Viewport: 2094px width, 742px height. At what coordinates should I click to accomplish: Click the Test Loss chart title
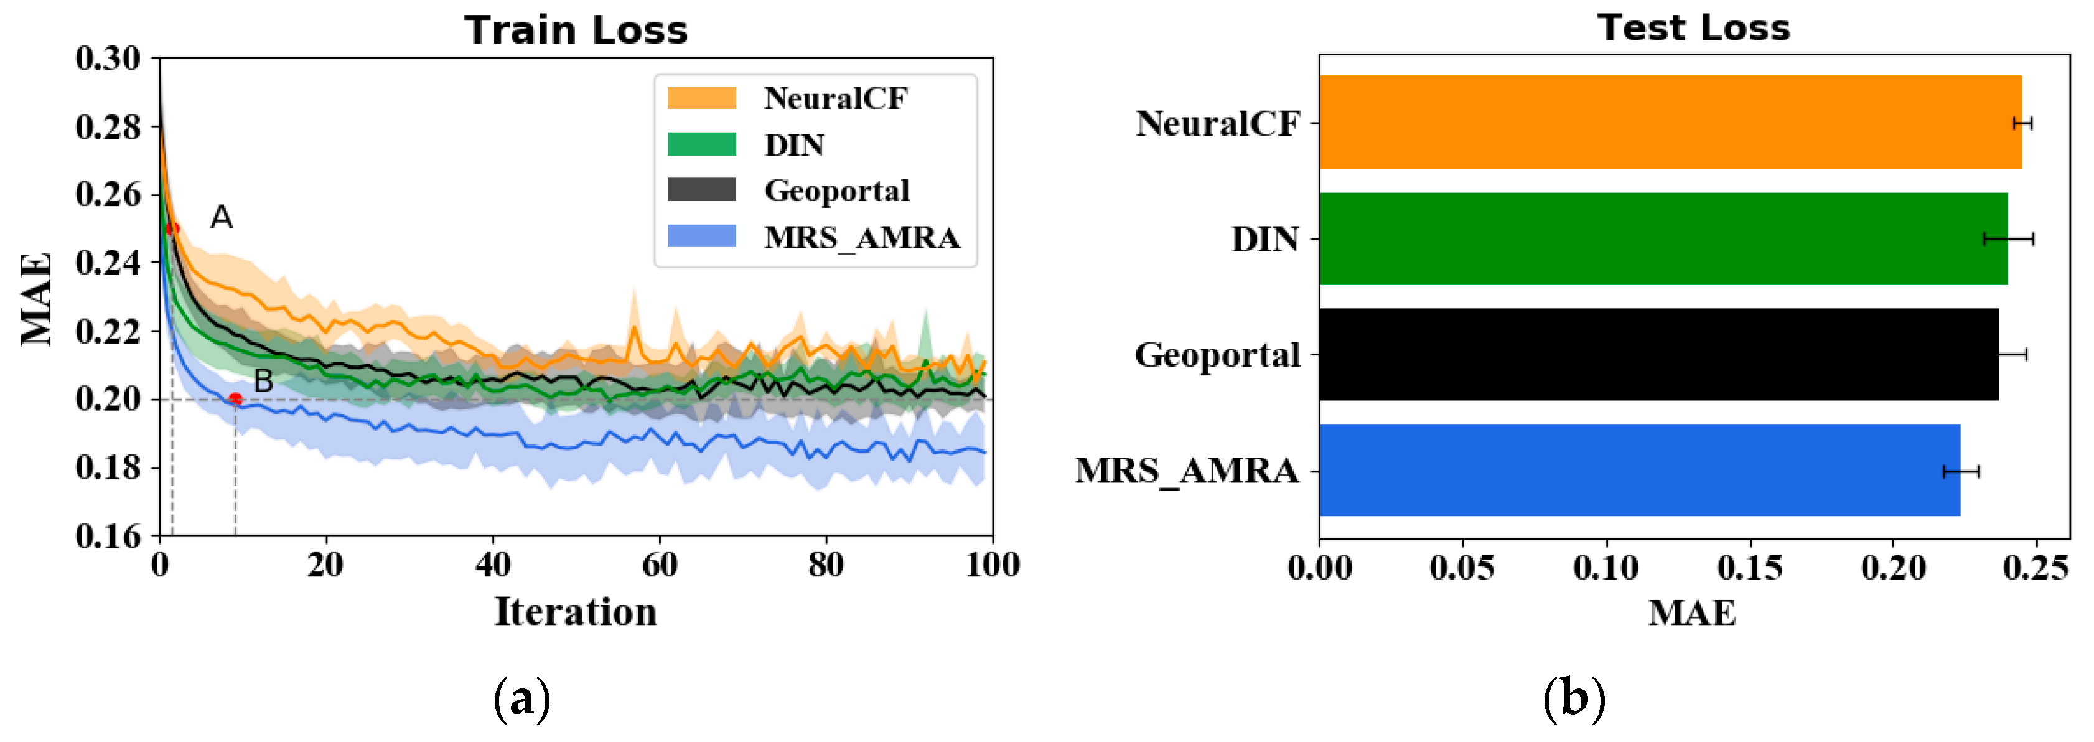pyautogui.click(x=1693, y=29)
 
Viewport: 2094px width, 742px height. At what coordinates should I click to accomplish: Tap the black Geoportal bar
pyautogui.click(x=1658, y=354)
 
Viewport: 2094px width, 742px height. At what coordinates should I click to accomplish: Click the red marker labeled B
pyautogui.click(x=235, y=399)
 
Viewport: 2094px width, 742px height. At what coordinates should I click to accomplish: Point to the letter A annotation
pyautogui.click(x=221, y=217)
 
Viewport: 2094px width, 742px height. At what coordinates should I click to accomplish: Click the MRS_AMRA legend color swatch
pyautogui.click(x=701, y=237)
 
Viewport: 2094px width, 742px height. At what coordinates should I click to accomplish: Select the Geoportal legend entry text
pyautogui.click(x=836, y=191)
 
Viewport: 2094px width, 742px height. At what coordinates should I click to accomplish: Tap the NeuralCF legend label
pyautogui.click(x=835, y=98)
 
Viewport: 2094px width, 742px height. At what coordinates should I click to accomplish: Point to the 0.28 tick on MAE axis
pyautogui.click(x=108, y=127)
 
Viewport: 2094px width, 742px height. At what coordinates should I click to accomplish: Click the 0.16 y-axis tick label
pyautogui.click(x=108, y=535)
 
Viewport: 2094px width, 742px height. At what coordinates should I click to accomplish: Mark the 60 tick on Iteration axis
pyautogui.click(x=659, y=565)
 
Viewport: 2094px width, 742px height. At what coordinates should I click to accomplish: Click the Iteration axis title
pyautogui.click(x=576, y=612)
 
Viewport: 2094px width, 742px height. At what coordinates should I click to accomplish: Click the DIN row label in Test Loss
pyautogui.click(x=1265, y=240)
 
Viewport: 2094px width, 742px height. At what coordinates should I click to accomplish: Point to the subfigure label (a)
pyautogui.click(x=522, y=699)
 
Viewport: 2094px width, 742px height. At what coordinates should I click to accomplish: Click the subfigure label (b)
pyautogui.click(x=1574, y=699)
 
